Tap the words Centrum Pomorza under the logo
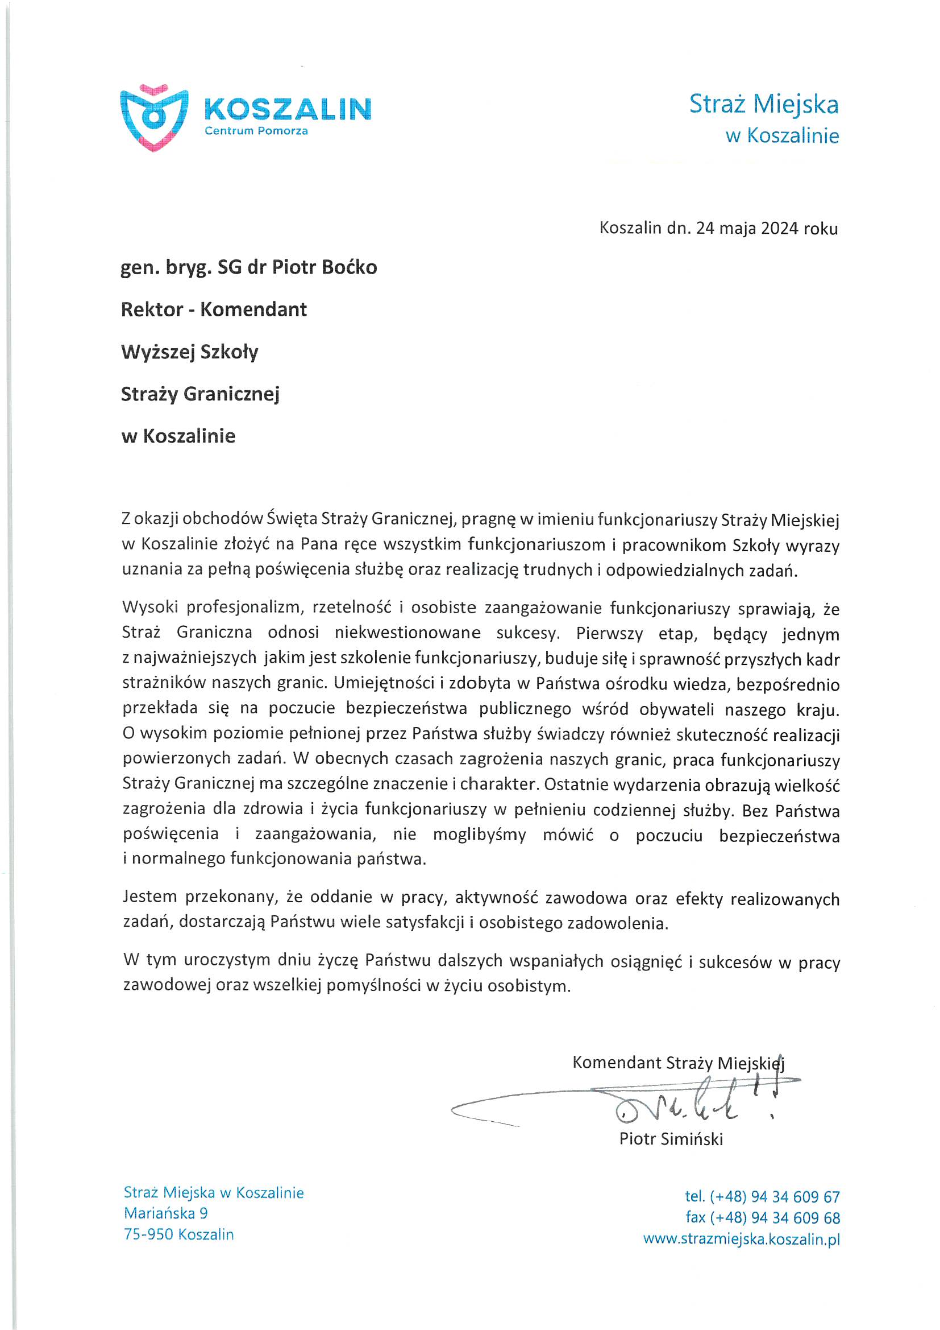tap(256, 131)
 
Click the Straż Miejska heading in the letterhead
tap(763, 104)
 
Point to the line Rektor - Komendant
tap(214, 309)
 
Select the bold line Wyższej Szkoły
tap(189, 352)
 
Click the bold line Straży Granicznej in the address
tap(199, 394)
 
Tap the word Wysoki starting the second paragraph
tap(149, 608)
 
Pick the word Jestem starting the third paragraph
tap(149, 897)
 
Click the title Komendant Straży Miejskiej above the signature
tap(678, 1063)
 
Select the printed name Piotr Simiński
tap(671, 1139)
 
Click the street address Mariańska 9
tap(165, 1213)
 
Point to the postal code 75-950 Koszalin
tap(178, 1234)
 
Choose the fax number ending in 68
tap(762, 1217)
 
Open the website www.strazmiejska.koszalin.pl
tap(741, 1239)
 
